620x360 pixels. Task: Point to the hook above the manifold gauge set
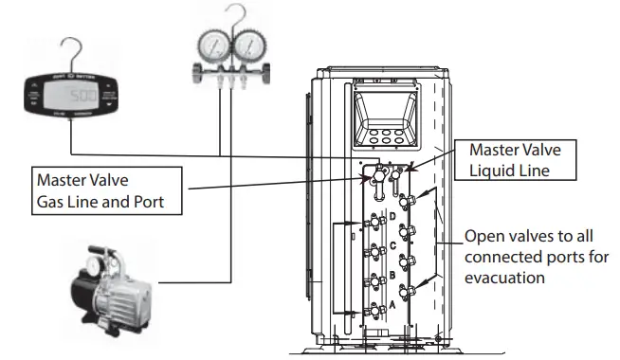click(x=225, y=12)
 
